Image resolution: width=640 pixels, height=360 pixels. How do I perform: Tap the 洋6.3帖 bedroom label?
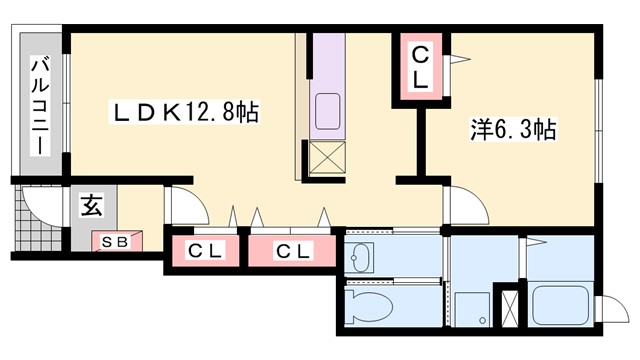click(514, 130)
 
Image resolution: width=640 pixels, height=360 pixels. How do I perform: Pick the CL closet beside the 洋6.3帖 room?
click(421, 67)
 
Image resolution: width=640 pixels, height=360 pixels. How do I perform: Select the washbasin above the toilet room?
click(359, 258)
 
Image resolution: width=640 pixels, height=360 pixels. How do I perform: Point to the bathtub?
click(560, 302)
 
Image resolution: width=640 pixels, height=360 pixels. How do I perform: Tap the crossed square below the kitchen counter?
click(327, 158)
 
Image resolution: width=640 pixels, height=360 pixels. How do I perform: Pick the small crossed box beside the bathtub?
click(511, 307)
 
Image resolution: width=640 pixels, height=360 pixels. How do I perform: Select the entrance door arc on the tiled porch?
click(40, 205)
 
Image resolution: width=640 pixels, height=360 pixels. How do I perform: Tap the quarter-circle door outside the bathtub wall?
click(612, 307)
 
